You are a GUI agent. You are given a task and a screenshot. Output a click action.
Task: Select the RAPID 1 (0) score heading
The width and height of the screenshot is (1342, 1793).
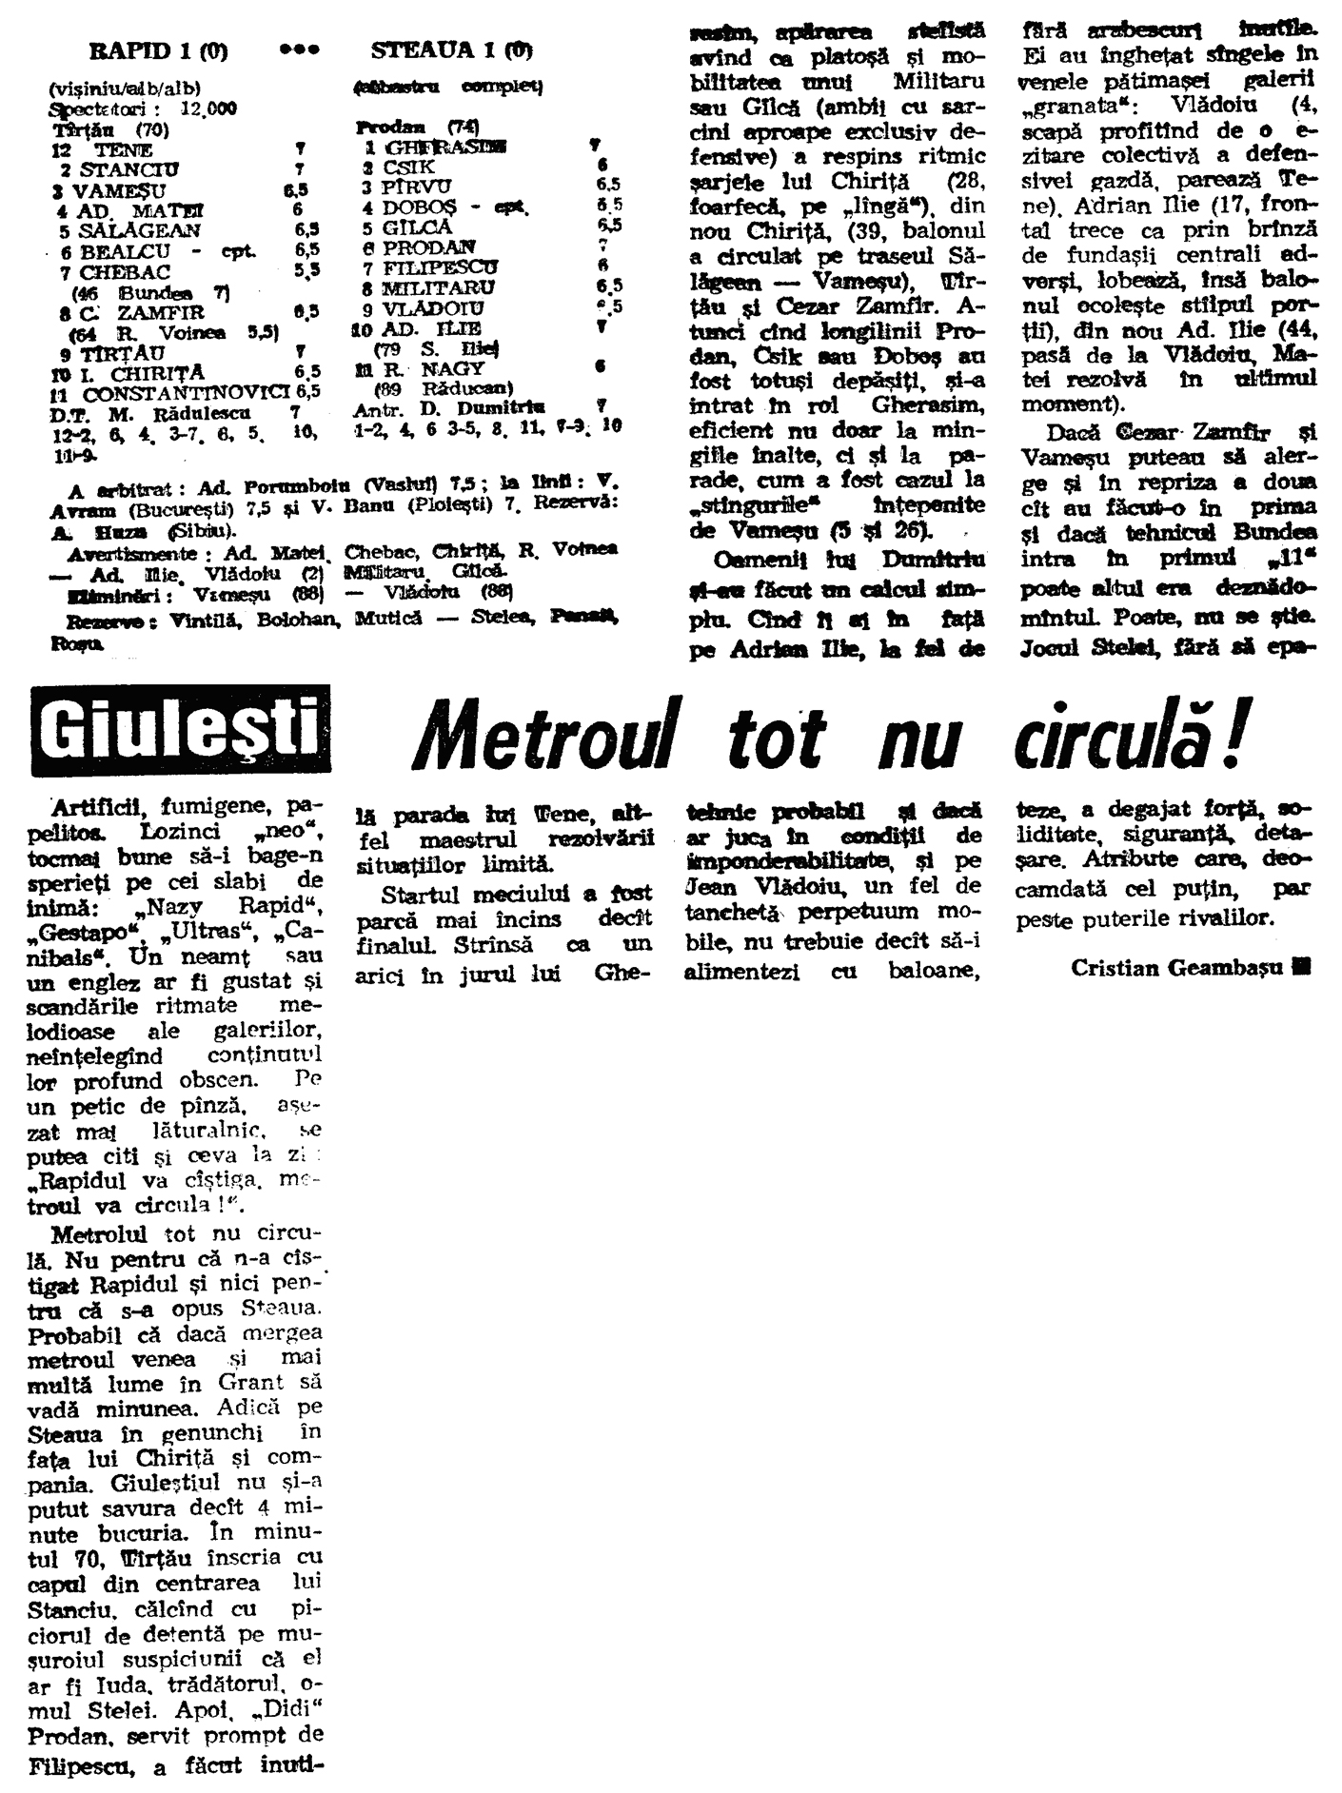[x=158, y=50]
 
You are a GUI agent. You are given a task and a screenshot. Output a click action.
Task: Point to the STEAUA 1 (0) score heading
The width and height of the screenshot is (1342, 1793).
[x=451, y=50]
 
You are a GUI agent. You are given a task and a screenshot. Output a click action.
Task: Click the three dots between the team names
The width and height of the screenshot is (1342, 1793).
[x=299, y=50]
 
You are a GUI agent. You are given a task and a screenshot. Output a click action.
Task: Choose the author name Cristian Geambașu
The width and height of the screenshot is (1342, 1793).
[x=1178, y=967]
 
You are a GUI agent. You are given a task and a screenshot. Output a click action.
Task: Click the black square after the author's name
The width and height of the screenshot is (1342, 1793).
[x=1301, y=967]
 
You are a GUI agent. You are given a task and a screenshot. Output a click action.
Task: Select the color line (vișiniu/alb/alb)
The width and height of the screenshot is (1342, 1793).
[x=126, y=90]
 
